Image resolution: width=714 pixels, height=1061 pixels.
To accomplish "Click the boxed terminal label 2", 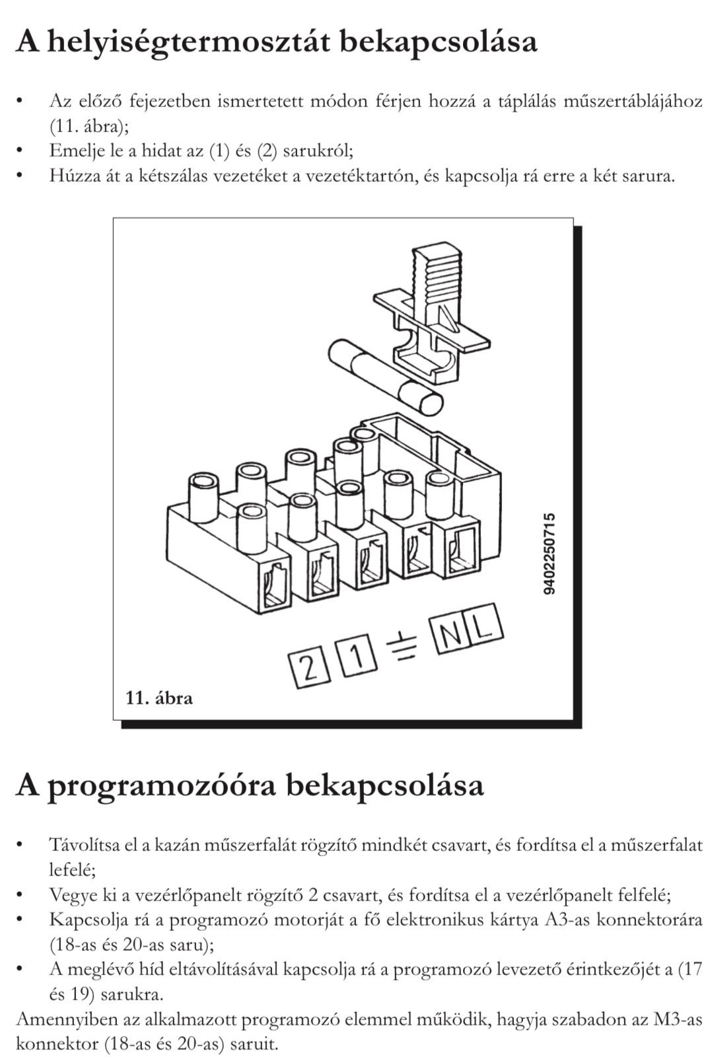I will pyautogui.click(x=307, y=669).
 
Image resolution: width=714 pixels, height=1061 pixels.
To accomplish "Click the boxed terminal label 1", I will pyautogui.click(x=355, y=655).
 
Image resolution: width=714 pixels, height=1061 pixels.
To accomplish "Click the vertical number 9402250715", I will pyautogui.click(x=550, y=554).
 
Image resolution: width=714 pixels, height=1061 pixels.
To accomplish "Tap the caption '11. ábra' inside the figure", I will pyautogui.click(x=159, y=698).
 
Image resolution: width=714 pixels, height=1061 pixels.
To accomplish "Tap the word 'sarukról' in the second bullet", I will pyautogui.click(x=318, y=151).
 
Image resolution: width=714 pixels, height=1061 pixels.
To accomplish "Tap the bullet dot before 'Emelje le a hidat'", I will pyautogui.click(x=22, y=151).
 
